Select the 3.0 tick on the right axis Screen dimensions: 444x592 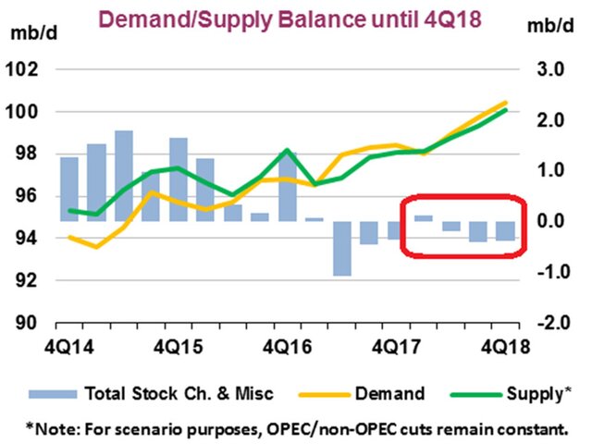[552, 69]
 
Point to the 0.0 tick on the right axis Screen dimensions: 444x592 [552, 221]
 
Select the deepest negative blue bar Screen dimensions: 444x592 [341, 248]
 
